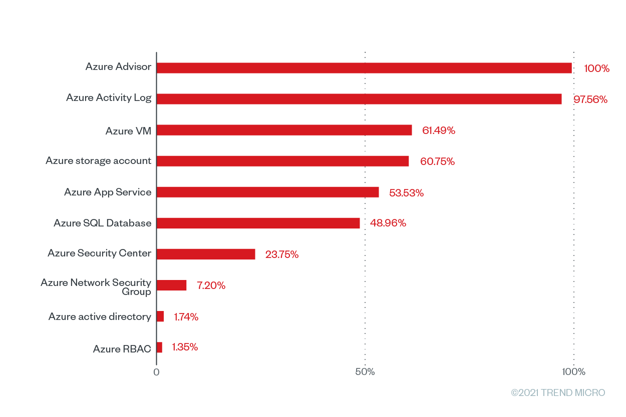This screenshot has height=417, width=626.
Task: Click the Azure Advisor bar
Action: (364, 68)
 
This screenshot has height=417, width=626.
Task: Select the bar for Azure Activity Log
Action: (359, 99)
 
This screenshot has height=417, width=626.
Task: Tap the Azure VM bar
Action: (284, 130)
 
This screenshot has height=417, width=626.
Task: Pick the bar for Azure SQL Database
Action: (258, 223)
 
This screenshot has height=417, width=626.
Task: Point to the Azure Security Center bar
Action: (206, 254)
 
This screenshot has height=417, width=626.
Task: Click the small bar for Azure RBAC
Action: (159, 347)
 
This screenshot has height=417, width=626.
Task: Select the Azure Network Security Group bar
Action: (171, 285)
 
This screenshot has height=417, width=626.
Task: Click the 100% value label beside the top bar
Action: (596, 68)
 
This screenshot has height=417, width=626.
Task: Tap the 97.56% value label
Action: (590, 99)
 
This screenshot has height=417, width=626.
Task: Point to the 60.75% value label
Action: (437, 161)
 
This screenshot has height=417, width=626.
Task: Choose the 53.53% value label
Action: (406, 193)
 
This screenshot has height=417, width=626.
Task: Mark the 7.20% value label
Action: (211, 286)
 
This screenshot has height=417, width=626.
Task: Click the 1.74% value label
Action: (186, 317)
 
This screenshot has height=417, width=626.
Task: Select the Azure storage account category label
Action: (99, 160)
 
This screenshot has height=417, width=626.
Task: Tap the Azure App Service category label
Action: (108, 192)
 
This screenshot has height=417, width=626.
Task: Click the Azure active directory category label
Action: (100, 316)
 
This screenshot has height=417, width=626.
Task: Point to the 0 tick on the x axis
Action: (156, 372)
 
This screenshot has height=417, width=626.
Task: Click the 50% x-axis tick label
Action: (365, 372)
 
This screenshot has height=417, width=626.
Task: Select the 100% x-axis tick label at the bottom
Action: (573, 372)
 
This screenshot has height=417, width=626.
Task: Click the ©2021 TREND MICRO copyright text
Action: (558, 393)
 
